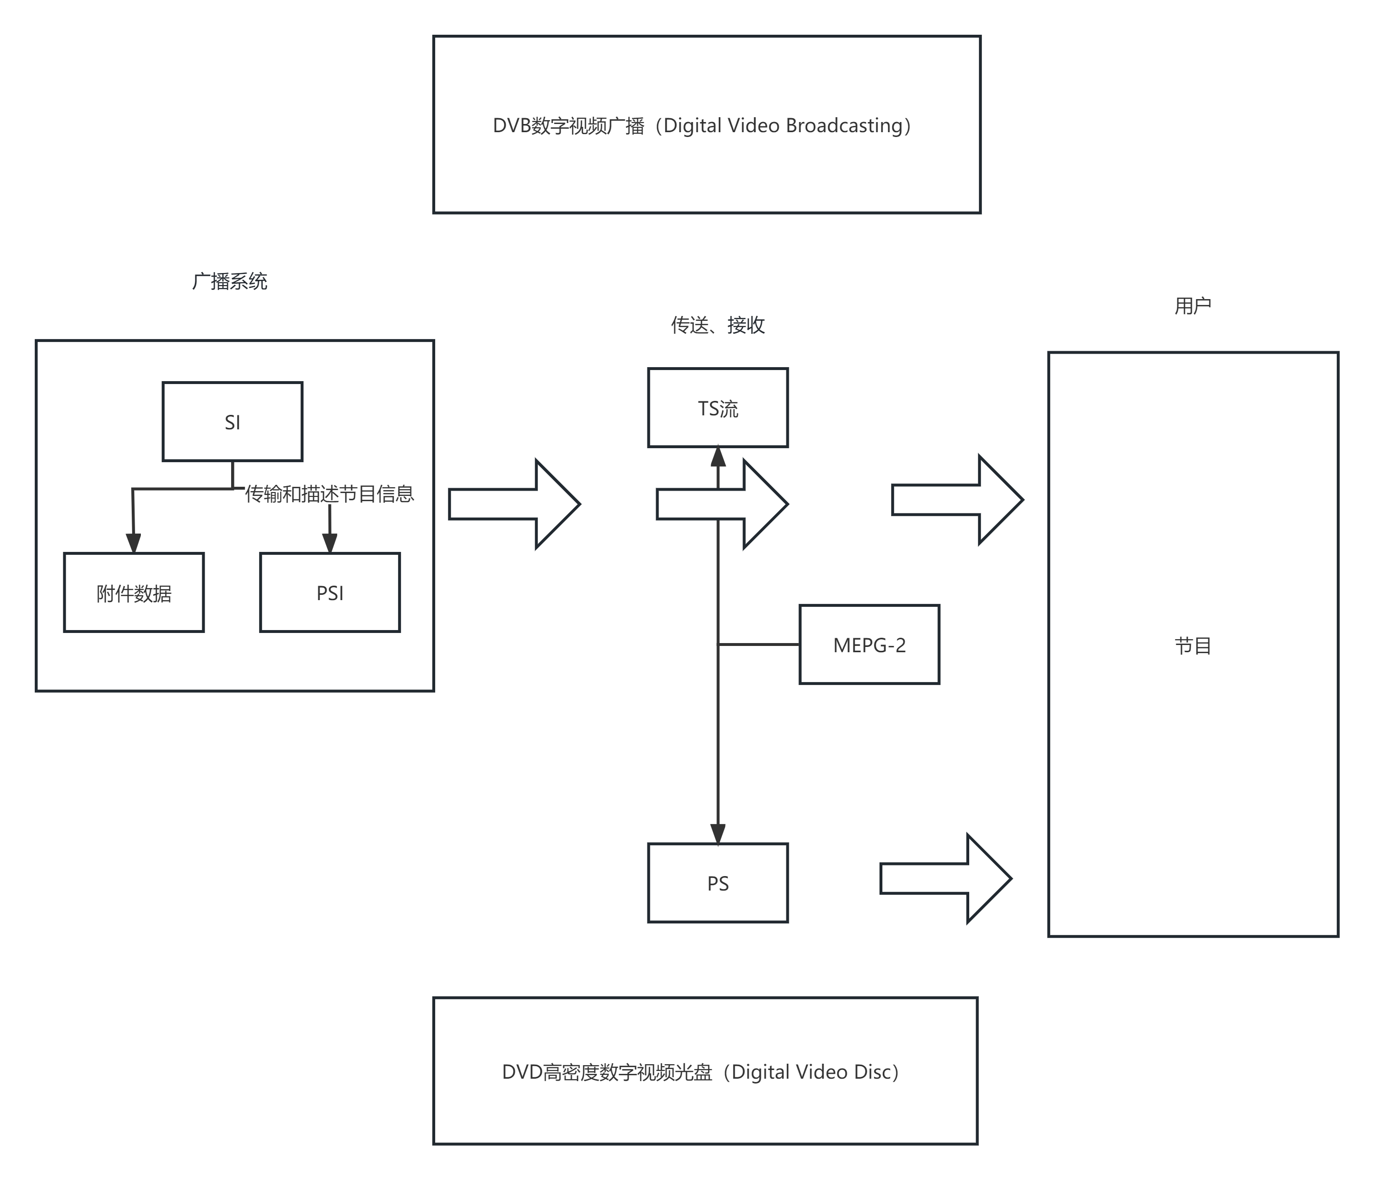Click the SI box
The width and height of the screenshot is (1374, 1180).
pyautogui.click(x=232, y=422)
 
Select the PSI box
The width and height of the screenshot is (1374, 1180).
pyautogui.click(x=330, y=592)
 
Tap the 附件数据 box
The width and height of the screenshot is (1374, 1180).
pyautogui.click(x=133, y=592)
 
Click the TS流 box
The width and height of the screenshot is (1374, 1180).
pyautogui.click(x=717, y=408)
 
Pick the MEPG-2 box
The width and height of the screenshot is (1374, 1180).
pyautogui.click(x=869, y=645)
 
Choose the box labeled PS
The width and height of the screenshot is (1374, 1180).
pyautogui.click(x=717, y=883)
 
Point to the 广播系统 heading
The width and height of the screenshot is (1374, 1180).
pyautogui.click(x=230, y=282)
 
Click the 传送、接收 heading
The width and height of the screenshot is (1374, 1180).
pyautogui.click(x=717, y=325)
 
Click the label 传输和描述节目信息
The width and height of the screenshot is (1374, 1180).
pyautogui.click(x=330, y=494)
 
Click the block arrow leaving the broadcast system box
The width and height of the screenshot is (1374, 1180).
pyautogui.click(x=514, y=504)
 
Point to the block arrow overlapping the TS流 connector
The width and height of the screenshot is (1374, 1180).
pyautogui.click(x=721, y=504)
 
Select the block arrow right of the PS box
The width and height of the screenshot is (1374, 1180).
pyautogui.click(x=946, y=878)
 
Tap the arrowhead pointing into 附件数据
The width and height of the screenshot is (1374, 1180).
pyautogui.click(x=133, y=543)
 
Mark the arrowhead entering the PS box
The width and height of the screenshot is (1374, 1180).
pyautogui.click(x=717, y=834)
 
